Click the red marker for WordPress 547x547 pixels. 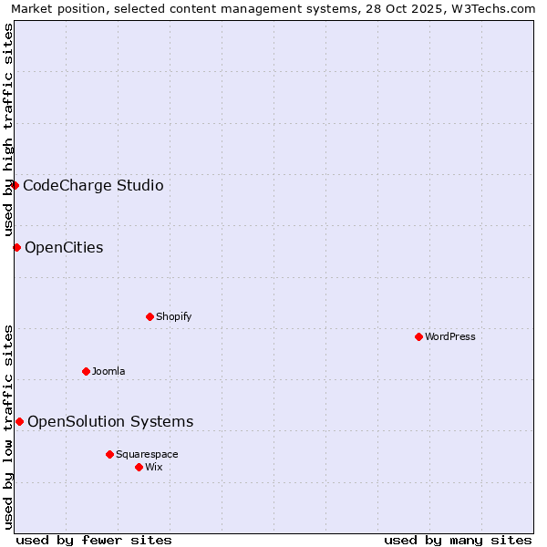(x=418, y=336)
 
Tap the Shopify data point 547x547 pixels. (x=150, y=316)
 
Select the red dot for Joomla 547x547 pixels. (x=86, y=371)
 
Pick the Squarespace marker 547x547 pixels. (x=109, y=454)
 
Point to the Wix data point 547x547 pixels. (x=139, y=467)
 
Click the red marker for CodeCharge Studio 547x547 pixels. (x=15, y=185)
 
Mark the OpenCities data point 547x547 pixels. (x=16, y=247)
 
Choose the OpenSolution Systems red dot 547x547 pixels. (x=19, y=421)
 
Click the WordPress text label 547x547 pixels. (x=450, y=337)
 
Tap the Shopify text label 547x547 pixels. (x=173, y=317)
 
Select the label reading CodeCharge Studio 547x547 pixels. (x=93, y=186)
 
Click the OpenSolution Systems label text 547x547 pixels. (x=110, y=421)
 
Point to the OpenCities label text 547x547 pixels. (x=64, y=248)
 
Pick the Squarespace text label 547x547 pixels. (x=147, y=455)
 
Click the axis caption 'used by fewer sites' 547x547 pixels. (x=94, y=540)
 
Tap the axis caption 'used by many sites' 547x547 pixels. (x=458, y=540)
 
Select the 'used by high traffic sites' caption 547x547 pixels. (x=9, y=129)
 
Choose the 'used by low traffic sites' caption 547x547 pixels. (x=9, y=427)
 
